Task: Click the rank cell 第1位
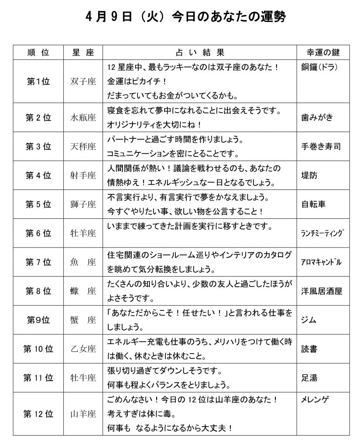point(38,81)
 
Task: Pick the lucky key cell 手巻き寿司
point(321,146)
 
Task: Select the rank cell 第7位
point(38,262)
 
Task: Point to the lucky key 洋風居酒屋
point(322,291)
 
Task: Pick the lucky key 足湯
point(309,378)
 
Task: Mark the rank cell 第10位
point(38,349)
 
